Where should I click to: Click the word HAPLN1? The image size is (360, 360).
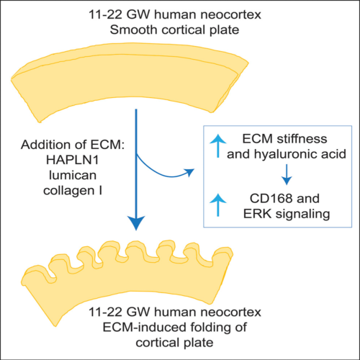72,160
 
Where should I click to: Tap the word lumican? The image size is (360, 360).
73,175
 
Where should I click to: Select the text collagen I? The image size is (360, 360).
73,191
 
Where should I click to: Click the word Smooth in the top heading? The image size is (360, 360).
133,30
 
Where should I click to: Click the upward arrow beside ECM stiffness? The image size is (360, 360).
218,145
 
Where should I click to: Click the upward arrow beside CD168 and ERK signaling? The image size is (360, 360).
218,204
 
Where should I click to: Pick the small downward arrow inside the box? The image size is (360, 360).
287,174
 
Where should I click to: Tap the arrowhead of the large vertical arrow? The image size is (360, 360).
136,222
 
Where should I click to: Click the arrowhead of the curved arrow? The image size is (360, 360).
189,172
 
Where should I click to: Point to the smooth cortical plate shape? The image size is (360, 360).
130,79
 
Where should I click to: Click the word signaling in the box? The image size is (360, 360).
302,215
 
